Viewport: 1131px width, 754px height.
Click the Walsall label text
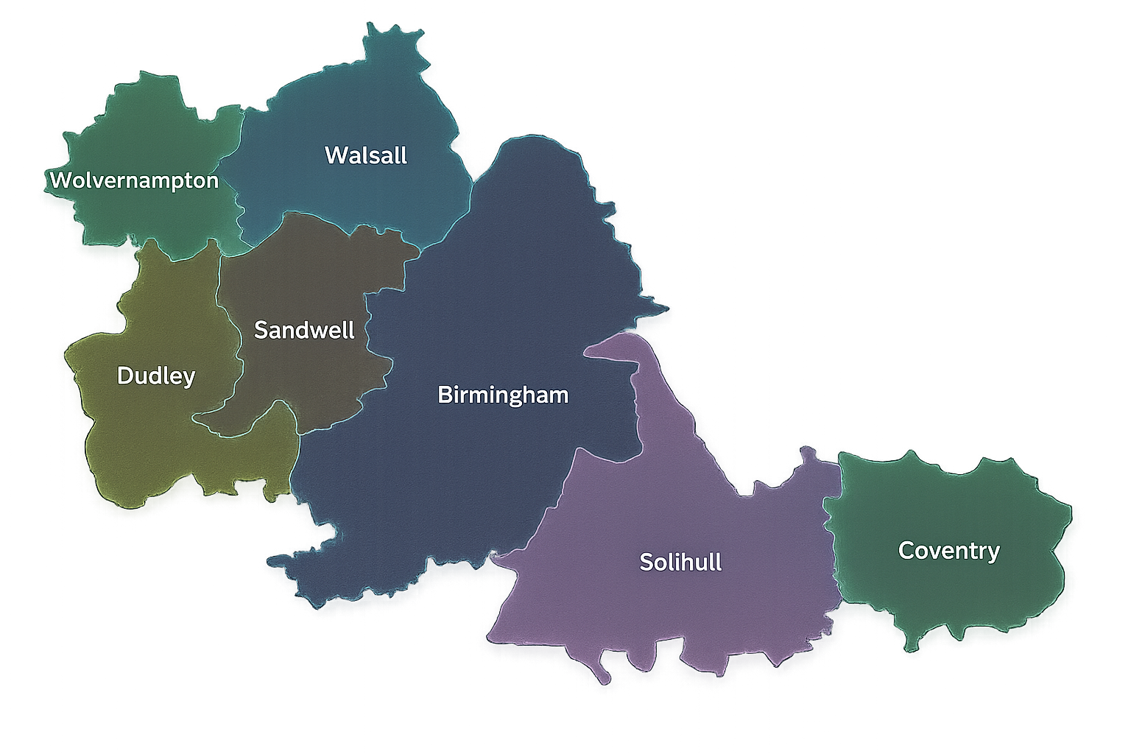(x=365, y=155)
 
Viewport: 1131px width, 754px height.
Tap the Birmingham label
(x=503, y=395)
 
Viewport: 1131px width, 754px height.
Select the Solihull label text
(x=680, y=562)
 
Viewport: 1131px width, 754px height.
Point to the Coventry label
(x=948, y=551)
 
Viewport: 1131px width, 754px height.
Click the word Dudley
(x=156, y=376)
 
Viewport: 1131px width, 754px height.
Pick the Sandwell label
(x=304, y=330)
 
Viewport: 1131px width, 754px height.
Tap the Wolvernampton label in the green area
(x=134, y=180)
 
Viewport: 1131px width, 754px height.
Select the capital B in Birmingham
(x=444, y=395)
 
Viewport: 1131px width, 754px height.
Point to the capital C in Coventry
(x=906, y=551)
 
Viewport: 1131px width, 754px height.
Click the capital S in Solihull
(x=646, y=562)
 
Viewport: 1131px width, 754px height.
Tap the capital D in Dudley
(x=125, y=376)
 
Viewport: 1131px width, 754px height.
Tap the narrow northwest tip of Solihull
(x=589, y=351)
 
